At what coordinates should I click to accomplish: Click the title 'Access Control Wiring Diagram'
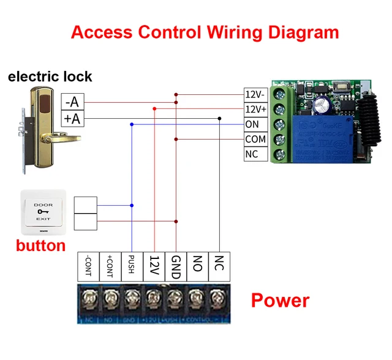coord(205,32)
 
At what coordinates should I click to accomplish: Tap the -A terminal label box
coord(73,102)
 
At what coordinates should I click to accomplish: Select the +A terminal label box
coord(73,118)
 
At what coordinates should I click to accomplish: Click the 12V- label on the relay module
coord(255,95)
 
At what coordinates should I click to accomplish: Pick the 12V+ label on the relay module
coord(255,109)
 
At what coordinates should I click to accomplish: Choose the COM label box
coord(255,139)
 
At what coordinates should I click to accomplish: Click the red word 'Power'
coord(280,301)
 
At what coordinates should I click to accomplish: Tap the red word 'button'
coord(40,246)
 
